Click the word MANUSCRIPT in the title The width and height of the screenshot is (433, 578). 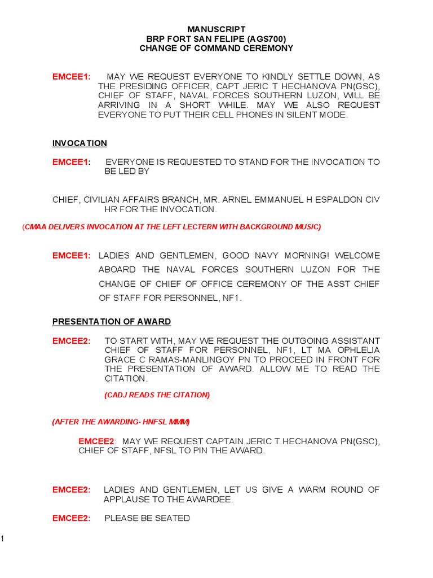216,29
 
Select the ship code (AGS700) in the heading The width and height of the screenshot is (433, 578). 266,38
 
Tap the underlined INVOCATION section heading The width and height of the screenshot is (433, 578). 79,143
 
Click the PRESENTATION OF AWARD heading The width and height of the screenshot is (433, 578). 112,322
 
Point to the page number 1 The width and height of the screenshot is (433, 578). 2,539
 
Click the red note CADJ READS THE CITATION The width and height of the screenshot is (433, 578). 157,395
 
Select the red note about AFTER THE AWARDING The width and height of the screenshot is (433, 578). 121,422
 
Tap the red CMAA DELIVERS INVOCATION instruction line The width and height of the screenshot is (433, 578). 171,227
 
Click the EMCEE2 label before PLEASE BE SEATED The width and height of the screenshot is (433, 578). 71,518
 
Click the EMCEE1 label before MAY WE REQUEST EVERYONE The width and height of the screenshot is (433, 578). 71,77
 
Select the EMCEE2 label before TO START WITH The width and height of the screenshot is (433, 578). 71,341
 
